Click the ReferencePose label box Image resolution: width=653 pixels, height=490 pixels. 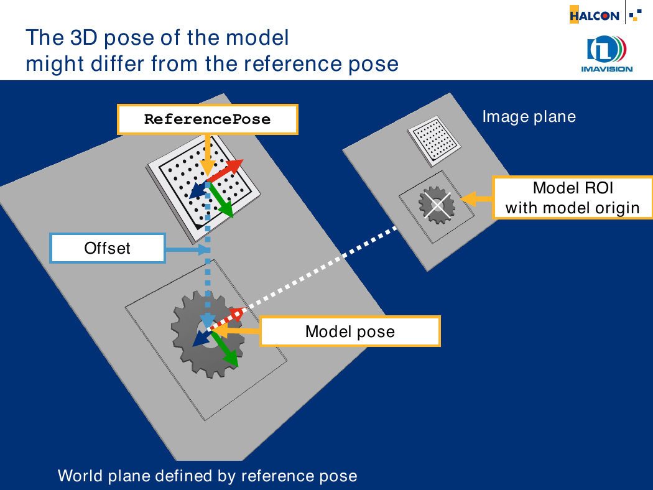tap(207, 119)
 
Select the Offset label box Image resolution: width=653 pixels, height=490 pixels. tap(108, 248)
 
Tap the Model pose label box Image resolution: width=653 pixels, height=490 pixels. tap(350, 331)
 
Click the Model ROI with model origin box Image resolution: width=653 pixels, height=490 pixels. tap(572, 198)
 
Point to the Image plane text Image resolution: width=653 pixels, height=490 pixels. tap(529, 116)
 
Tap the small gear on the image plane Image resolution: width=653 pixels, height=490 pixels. tap(437, 205)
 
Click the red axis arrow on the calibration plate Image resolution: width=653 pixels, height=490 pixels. tap(225, 171)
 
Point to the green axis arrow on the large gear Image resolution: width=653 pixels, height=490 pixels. tap(224, 348)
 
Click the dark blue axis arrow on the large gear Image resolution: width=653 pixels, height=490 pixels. tap(203, 337)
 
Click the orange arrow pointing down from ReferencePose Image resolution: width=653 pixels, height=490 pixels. tap(207, 155)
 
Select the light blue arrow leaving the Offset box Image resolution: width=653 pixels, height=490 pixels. tap(187, 250)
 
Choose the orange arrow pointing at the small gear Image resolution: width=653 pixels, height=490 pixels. tap(476, 198)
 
